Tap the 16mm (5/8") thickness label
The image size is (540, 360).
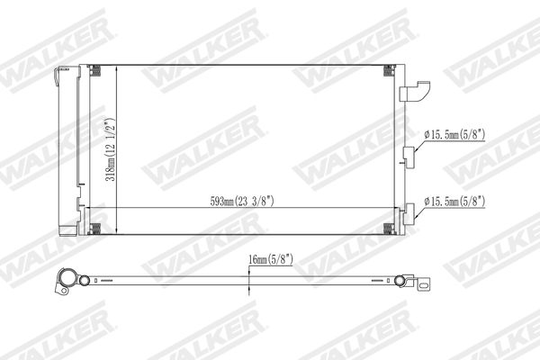pos(271,259)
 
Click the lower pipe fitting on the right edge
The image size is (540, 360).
pos(410,212)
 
